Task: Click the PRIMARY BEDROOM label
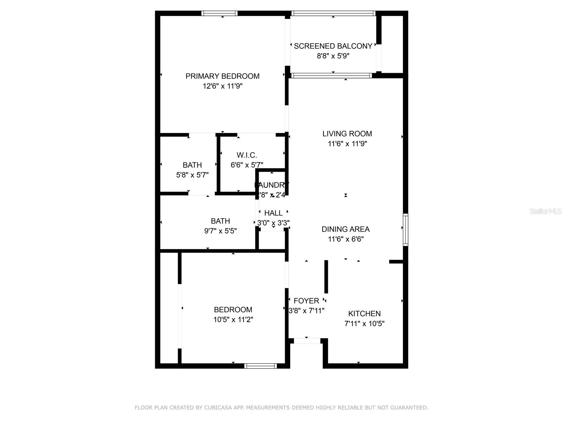(x=222, y=76)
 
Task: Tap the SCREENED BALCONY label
(x=333, y=46)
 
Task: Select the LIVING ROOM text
(x=347, y=134)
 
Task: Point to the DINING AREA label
(x=346, y=229)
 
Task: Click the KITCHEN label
(x=364, y=314)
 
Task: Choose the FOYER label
(x=306, y=301)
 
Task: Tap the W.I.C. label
(x=247, y=155)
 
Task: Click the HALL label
(x=273, y=213)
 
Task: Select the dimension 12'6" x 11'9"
(x=222, y=86)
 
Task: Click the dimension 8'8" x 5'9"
(x=333, y=56)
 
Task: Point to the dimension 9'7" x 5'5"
(x=220, y=231)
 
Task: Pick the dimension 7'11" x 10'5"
(x=364, y=324)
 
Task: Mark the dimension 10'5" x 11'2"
(x=233, y=320)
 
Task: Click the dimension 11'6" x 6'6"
(x=346, y=239)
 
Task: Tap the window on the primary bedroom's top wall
(x=219, y=13)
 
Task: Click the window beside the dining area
(x=405, y=229)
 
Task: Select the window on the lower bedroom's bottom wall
(x=260, y=366)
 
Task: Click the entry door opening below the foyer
(x=307, y=341)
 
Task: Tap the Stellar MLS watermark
(x=545, y=211)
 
